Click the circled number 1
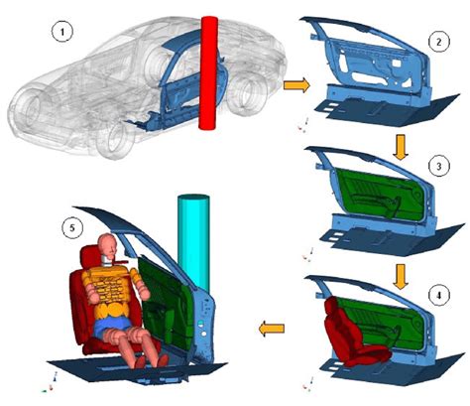pyautogui.click(x=61, y=32)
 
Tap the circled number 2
pyautogui.click(x=439, y=42)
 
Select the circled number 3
pyautogui.click(x=439, y=166)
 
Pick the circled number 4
pyautogui.click(x=439, y=295)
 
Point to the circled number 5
pyautogui.click(x=72, y=227)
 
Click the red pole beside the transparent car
pyautogui.click(x=208, y=72)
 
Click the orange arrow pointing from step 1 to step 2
pyautogui.click(x=296, y=85)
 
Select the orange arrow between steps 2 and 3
pyautogui.click(x=401, y=147)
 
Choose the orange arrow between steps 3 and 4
pyautogui.click(x=401, y=277)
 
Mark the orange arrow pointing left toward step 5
pyautogui.click(x=272, y=329)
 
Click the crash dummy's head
pyautogui.click(x=108, y=246)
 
